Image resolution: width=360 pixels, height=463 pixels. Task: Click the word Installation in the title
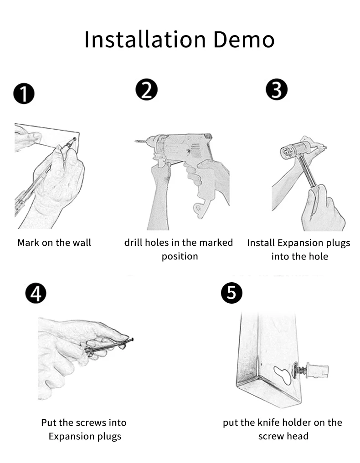click(145, 39)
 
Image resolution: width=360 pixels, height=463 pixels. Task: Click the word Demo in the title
click(244, 39)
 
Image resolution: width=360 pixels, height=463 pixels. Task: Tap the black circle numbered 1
click(24, 94)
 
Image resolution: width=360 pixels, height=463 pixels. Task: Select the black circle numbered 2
click(147, 90)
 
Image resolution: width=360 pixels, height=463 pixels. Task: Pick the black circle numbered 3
click(277, 90)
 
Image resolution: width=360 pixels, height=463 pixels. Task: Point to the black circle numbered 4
click(36, 293)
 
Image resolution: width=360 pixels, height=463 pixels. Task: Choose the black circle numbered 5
click(232, 293)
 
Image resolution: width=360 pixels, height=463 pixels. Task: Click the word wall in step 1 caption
click(82, 242)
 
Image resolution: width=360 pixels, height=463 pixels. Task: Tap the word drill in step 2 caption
click(133, 242)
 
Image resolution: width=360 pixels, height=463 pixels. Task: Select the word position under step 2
click(180, 256)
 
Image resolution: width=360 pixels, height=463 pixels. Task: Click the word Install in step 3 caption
click(261, 243)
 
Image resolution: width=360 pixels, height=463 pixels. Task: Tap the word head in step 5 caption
click(298, 436)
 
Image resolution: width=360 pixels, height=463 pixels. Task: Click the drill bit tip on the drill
click(136, 141)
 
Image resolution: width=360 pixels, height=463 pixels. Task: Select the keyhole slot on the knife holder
click(283, 375)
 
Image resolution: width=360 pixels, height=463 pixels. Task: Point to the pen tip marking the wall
click(74, 139)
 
